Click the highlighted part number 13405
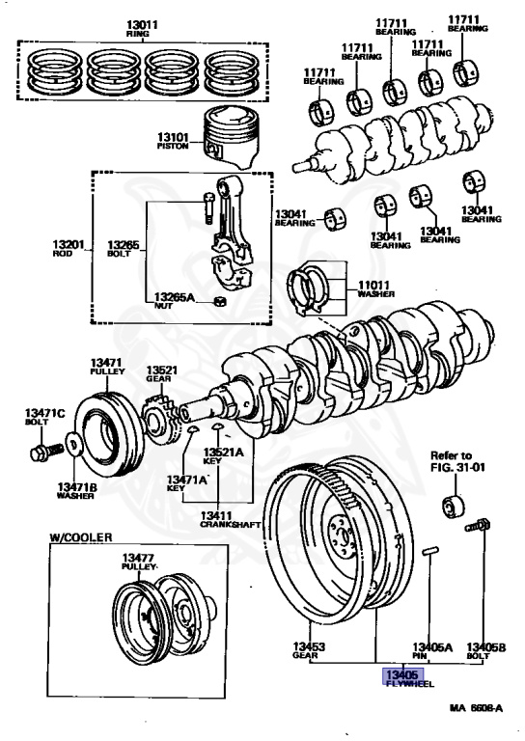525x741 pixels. click(x=402, y=674)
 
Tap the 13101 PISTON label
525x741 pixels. click(x=173, y=141)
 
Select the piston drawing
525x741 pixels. click(x=232, y=138)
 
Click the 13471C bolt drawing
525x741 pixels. click(x=46, y=452)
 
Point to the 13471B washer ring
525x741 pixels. click(x=73, y=445)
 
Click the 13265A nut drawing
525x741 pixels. click(x=219, y=301)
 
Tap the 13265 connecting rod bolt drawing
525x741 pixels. click(x=208, y=207)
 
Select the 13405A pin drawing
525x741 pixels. click(x=430, y=552)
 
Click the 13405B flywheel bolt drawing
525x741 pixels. click(x=478, y=525)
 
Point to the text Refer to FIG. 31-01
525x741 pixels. click(x=457, y=462)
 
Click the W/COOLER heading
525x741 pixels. click(x=81, y=537)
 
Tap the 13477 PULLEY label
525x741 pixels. click(x=138, y=562)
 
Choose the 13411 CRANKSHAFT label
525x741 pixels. click(x=230, y=520)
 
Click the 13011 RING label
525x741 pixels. click(x=142, y=28)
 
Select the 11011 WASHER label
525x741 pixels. click(x=375, y=288)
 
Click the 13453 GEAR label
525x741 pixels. click(x=309, y=650)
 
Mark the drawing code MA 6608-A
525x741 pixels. click(x=476, y=707)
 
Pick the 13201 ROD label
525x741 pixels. click(x=69, y=249)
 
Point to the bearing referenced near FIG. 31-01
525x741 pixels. click(x=454, y=507)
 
